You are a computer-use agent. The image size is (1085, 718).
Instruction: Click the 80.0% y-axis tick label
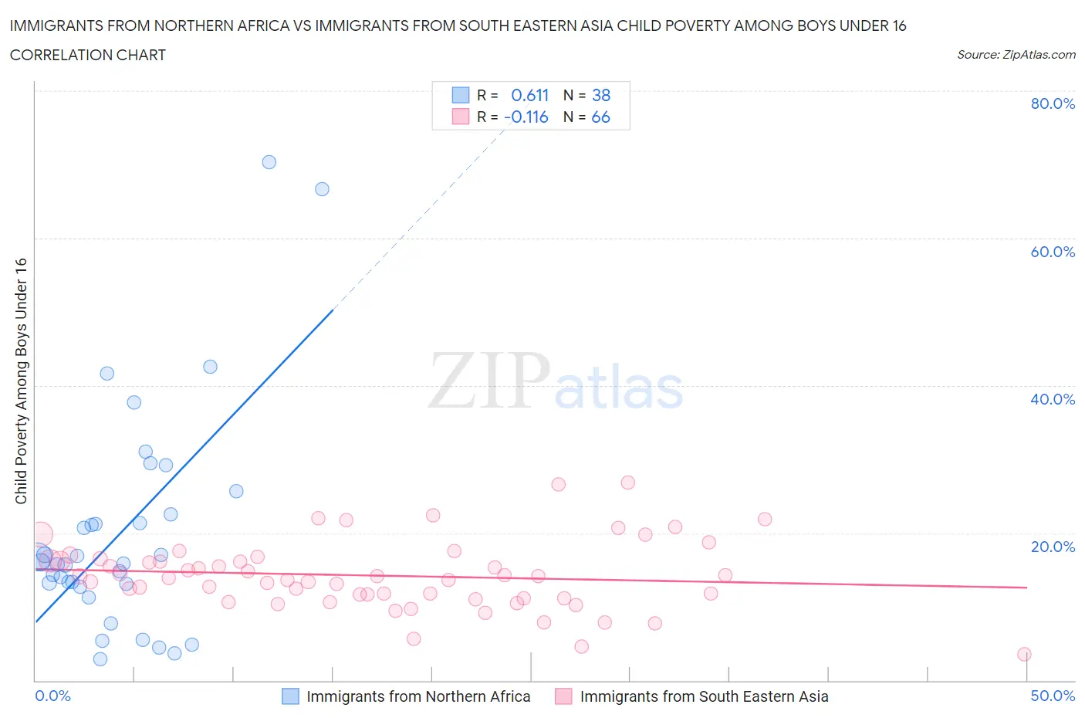[1053, 103]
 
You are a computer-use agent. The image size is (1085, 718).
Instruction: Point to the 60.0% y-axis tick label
[1053, 252]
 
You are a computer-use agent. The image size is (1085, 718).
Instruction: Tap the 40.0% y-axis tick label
[1053, 399]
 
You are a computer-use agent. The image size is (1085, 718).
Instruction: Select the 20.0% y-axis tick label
[1053, 547]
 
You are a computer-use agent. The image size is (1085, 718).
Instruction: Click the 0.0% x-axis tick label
[52, 696]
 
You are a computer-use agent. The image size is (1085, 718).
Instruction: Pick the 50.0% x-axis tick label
[1053, 696]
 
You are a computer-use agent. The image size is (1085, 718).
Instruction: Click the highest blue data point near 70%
[269, 162]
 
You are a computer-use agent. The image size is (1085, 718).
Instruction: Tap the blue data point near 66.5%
[322, 189]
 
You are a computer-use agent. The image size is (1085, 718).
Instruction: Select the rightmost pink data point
[1024, 654]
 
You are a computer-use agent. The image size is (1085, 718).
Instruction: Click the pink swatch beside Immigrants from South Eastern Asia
[563, 696]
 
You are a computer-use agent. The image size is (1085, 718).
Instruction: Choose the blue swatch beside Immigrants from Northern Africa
[290, 696]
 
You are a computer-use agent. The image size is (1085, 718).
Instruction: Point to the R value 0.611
[529, 95]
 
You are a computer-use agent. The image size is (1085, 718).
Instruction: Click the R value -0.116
[526, 117]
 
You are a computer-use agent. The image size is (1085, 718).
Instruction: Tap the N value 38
[601, 95]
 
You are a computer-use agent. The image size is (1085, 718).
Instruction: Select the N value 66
[600, 117]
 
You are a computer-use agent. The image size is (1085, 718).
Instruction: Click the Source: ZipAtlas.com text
[1016, 54]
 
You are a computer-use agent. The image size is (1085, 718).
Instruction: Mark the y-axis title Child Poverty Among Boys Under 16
[21, 381]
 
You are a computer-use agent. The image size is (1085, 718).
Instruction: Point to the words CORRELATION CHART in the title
[87, 55]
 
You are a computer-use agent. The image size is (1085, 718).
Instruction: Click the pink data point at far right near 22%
[765, 519]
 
